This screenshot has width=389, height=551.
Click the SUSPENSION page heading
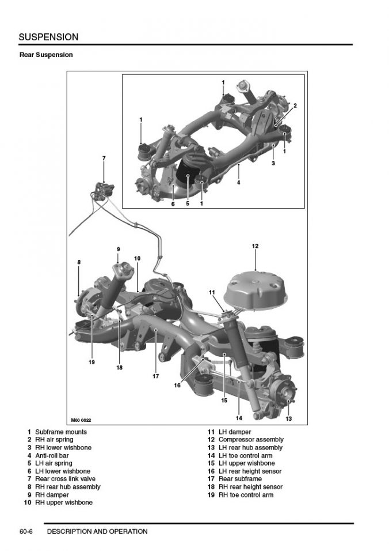[x=48, y=37]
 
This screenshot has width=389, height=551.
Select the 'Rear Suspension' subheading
[x=45, y=55]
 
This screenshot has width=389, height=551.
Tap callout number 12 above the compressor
[x=255, y=246]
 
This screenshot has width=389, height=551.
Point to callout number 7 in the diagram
[x=104, y=157]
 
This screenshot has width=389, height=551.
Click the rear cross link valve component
[x=104, y=187]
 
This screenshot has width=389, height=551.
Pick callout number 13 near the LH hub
[x=288, y=418]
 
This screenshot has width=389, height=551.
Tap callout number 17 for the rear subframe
[x=155, y=376]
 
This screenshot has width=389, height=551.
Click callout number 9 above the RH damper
[x=118, y=249]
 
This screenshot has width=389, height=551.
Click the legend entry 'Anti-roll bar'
[x=52, y=455]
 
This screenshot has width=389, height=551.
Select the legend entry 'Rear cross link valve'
[x=65, y=479]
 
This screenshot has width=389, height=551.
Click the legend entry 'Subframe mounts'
[x=60, y=432]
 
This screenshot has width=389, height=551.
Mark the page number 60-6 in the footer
[x=26, y=531]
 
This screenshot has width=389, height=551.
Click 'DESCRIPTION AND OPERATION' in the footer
[x=97, y=531]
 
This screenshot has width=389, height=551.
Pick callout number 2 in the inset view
[x=295, y=105]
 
